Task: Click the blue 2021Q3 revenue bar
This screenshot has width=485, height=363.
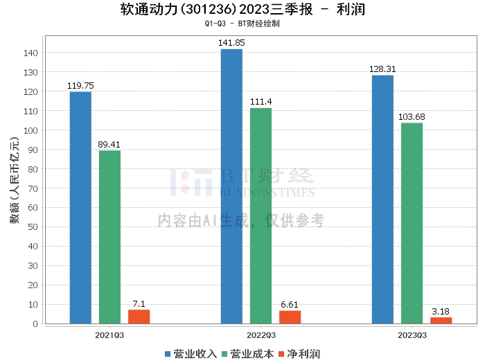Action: tap(80, 208)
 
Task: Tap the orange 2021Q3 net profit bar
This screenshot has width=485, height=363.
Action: tap(139, 317)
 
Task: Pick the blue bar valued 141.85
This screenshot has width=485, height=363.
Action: tap(231, 186)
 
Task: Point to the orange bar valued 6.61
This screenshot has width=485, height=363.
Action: tap(290, 317)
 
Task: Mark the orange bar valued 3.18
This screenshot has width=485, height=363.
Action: tap(441, 320)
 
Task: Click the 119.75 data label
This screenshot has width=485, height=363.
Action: tap(80, 86)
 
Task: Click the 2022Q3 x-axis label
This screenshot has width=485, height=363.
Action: tap(261, 335)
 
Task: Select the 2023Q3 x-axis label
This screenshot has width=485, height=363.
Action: tap(412, 335)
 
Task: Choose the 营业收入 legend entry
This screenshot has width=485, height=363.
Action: tap(191, 354)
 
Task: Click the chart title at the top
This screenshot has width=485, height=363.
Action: tap(242, 10)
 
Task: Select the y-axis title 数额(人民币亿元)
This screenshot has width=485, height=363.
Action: tap(14, 187)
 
